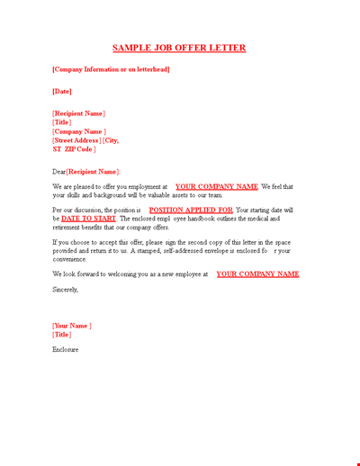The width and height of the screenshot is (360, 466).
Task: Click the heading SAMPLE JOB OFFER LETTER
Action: (179, 48)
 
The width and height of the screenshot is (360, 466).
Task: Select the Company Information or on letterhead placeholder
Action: (111, 69)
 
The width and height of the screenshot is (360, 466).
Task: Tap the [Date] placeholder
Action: (62, 91)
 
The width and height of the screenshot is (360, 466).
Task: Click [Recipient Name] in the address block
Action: (79, 113)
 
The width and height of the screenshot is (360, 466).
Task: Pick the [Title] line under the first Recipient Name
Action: (62, 122)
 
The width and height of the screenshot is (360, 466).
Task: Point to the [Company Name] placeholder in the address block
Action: (79, 131)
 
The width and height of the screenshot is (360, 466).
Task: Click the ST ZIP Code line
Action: (75, 149)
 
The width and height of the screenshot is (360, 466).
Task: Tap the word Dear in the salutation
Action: (59, 171)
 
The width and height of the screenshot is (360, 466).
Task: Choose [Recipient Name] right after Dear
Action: (93, 171)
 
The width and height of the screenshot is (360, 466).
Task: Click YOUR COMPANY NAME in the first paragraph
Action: (216, 186)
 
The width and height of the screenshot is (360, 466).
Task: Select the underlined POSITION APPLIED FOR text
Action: (190, 210)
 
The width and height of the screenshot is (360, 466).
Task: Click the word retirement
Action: (71, 227)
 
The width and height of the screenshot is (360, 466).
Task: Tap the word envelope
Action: (198, 251)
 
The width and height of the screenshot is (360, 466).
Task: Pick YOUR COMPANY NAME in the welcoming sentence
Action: (257, 274)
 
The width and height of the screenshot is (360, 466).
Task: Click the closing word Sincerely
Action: (66, 290)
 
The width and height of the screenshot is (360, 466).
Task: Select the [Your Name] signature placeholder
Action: (72, 326)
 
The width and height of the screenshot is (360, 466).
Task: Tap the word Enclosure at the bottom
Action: (66, 349)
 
